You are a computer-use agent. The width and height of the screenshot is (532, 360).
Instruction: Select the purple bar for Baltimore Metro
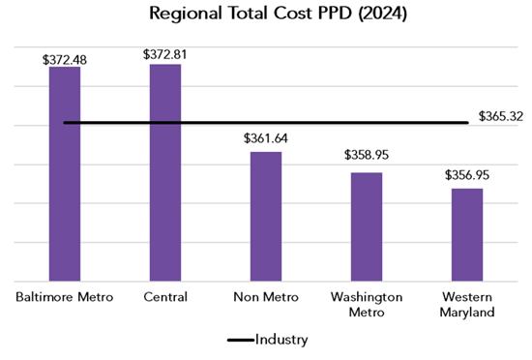65,174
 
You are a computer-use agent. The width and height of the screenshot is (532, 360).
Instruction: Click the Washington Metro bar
367,226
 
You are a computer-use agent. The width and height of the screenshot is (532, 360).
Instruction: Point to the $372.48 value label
65,58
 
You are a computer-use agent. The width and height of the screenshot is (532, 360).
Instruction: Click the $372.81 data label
165,55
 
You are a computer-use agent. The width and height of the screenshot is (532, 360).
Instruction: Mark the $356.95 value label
467,175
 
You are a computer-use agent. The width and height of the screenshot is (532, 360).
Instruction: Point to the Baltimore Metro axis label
65,296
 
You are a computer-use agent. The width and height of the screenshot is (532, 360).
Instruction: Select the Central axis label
165,296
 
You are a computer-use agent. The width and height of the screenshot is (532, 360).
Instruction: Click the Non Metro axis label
266,296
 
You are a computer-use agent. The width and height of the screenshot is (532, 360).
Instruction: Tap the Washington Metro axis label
367,304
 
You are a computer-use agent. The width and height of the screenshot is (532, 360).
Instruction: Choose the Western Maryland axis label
467,304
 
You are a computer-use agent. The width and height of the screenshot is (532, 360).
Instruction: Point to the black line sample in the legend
239,341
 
